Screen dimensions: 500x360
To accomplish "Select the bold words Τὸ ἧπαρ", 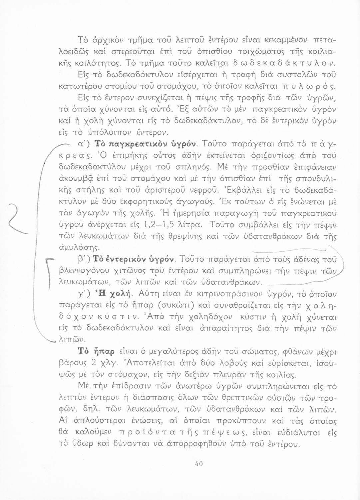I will tap(97, 351).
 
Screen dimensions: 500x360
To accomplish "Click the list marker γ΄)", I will tap(83, 293).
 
